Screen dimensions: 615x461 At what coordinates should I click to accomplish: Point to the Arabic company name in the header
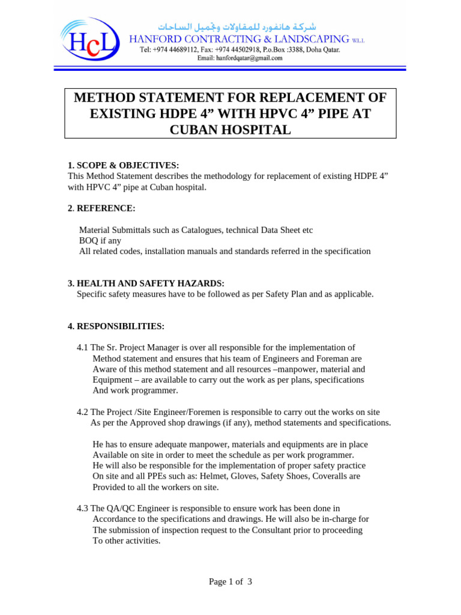[237, 27]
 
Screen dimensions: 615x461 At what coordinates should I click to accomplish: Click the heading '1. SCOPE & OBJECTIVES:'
[123, 165]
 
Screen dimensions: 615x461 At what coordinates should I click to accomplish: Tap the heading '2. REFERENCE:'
[101, 208]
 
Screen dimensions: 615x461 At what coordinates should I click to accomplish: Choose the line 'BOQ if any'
[100, 240]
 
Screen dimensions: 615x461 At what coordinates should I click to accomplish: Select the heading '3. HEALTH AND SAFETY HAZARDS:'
[146, 283]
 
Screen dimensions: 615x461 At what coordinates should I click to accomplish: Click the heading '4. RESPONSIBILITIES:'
[116, 326]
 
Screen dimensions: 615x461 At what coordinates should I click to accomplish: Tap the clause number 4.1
[83, 348]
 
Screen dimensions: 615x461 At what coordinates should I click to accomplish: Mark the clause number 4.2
[83, 412]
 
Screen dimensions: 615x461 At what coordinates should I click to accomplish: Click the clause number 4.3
[83, 508]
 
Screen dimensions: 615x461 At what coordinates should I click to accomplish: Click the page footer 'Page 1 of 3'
[230, 581]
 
